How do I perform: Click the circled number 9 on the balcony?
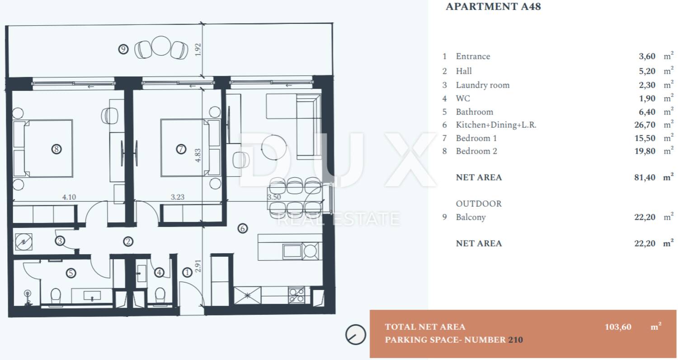coord(123,49)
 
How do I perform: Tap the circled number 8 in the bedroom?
coord(56,149)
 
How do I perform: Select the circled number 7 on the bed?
coord(181,149)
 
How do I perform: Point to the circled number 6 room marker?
coord(242,228)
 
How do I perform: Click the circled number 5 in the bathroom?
coord(71,273)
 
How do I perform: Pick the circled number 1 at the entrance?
coord(188,273)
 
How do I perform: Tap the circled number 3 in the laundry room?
coord(60,241)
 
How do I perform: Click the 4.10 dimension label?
coord(69,197)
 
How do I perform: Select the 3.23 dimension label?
coord(177,197)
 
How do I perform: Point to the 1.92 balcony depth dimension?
coord(198,50)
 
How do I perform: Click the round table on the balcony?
coord(161,46)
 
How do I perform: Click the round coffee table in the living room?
coord(274,147)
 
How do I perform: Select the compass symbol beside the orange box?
coord(356,335)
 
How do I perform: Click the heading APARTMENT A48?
coord(494,7)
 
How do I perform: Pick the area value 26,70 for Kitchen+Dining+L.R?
coord(645,125)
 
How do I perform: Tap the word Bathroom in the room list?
coord(475,112)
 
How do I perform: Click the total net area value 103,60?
coord(618,327)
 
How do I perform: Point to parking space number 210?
coord(515,340)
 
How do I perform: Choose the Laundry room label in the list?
coord(483,85)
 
